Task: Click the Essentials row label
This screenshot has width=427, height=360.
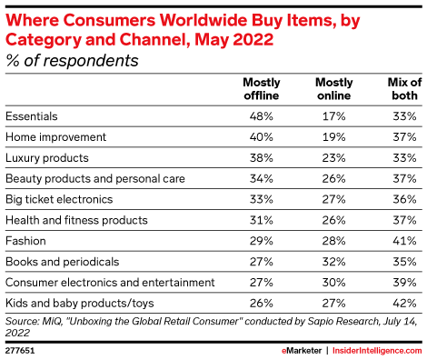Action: (x=33, y=116)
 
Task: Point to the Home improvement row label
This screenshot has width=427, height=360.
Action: (x=56, y=137)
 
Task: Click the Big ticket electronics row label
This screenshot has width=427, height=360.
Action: (x=59, y=199)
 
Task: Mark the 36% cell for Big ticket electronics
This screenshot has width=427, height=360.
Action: (x=402, y=199)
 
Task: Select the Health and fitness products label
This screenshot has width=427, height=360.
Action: (x=76, y=220)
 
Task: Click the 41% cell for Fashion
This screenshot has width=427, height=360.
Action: (x=402, y=241)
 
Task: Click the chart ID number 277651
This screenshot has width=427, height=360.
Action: (x=20, y=348)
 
